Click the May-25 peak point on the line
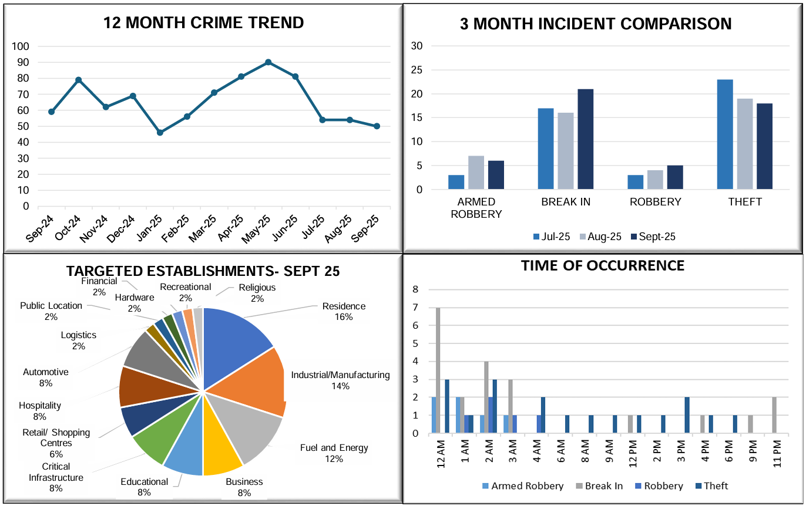[268, 62]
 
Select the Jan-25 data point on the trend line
[160, 133]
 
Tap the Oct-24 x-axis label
[70, 228]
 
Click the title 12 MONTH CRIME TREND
[203, 23]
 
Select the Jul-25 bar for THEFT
[725, 134]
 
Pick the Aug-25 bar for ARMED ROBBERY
[476, 173]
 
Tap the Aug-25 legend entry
[601, 237]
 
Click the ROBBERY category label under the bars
[655, 202]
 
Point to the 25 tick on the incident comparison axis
[417, 70]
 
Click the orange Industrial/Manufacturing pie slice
[247, 382]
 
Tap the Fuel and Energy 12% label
[334, 453]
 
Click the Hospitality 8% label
[40, 411]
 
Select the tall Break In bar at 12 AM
[438, 370]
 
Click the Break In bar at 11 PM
[774, 416]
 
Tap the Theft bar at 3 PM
[687, 416]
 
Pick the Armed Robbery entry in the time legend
[522, 486]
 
